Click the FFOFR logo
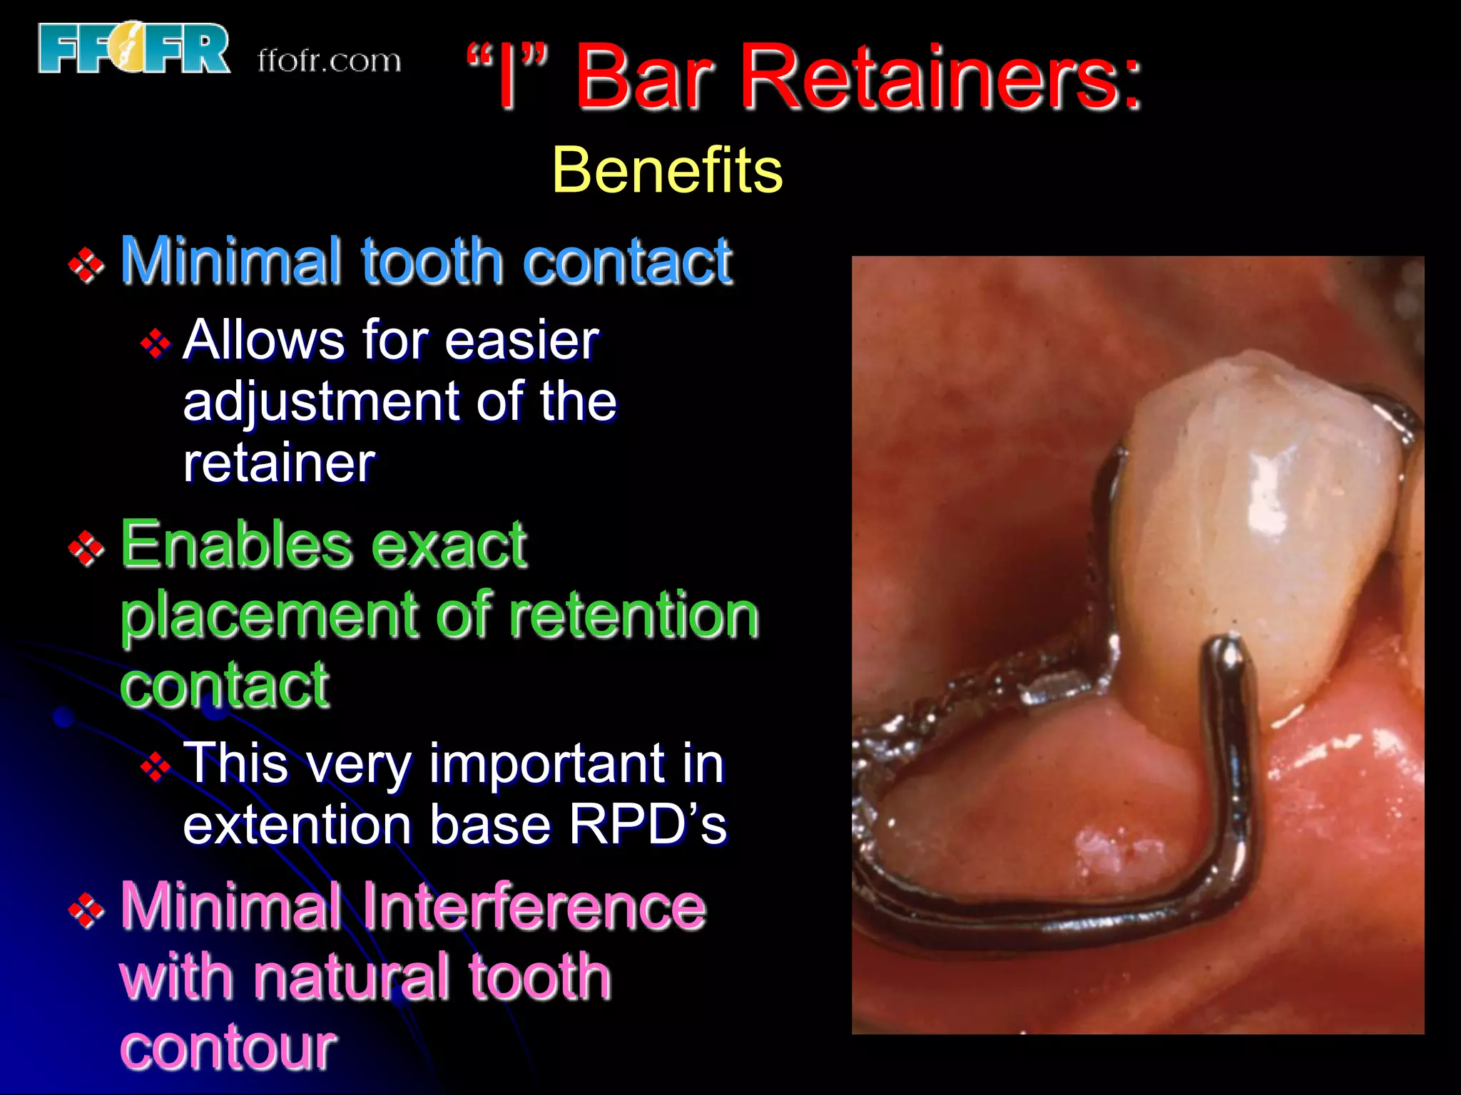tap(134, 48)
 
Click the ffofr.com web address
tap(329, 61)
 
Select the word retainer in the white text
tap(279, 463)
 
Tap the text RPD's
tap(647, 825)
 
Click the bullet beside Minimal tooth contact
tap(86, 265)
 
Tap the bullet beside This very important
tap(156, 768)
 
